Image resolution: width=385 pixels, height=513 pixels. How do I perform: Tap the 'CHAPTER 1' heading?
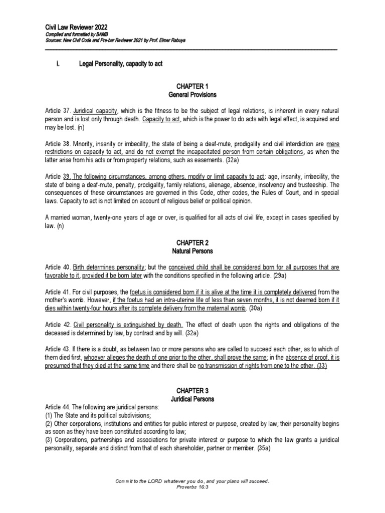click(192, 87)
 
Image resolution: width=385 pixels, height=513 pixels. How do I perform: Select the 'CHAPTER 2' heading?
click(192, 242)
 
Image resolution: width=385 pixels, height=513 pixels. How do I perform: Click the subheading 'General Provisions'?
click(192, 95)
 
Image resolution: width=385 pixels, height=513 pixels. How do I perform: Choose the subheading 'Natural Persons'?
click(192, 250)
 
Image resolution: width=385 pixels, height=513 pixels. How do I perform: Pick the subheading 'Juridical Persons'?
click(192, 399)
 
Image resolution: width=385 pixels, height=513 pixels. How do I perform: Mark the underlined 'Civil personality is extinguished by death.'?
click(128, 324)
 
